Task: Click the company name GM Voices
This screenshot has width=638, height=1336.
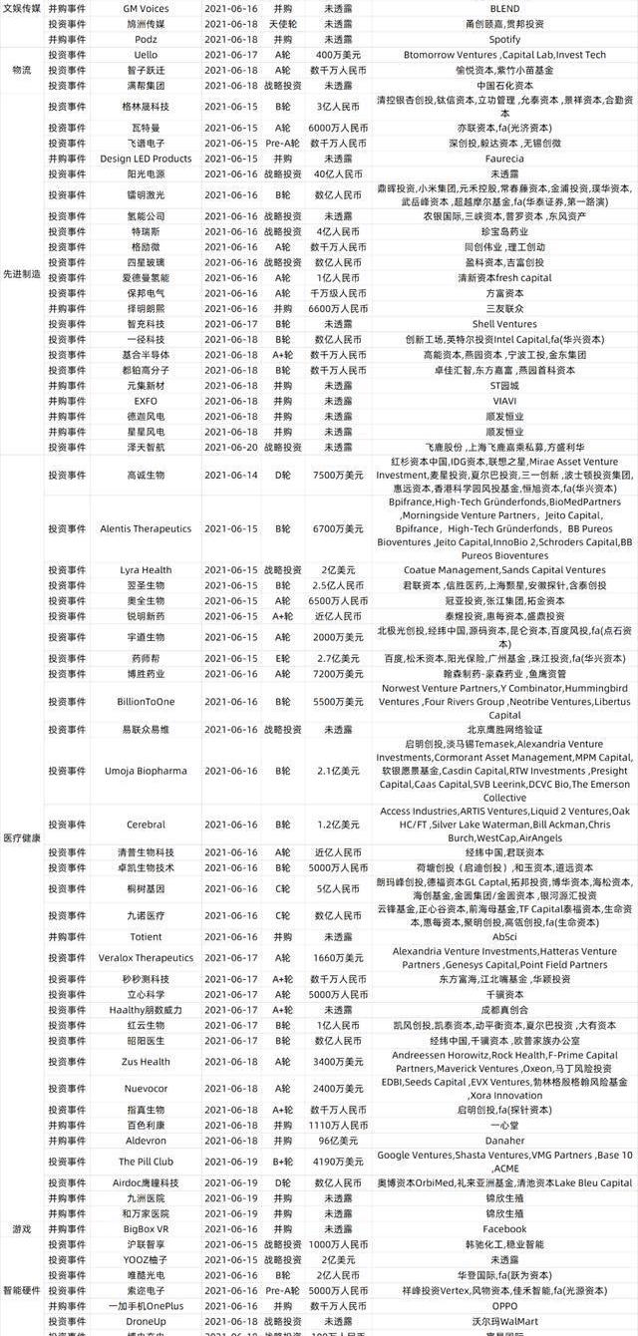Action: tap(145, 7)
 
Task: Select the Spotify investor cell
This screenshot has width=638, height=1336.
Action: tap(504, 39)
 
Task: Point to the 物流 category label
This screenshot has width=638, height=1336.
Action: tap(21, 70)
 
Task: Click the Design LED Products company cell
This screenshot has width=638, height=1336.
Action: tap(145, 159)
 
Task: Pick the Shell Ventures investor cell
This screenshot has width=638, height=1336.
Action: tap(504, 324)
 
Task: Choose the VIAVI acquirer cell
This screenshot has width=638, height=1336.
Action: tap(504, 401)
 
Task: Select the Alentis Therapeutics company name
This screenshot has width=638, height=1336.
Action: tap(145, 528)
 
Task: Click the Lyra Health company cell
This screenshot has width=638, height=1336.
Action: tap(145, 570)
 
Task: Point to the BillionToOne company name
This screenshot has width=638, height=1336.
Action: tap(145, 702)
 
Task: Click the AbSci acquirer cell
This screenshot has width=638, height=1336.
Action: tap(504, 937)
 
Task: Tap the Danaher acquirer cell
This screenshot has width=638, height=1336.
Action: tap(504, 1141)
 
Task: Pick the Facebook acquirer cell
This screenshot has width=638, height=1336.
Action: tap(504, 1229)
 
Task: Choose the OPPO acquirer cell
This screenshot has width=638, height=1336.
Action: tap(504, 1305)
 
